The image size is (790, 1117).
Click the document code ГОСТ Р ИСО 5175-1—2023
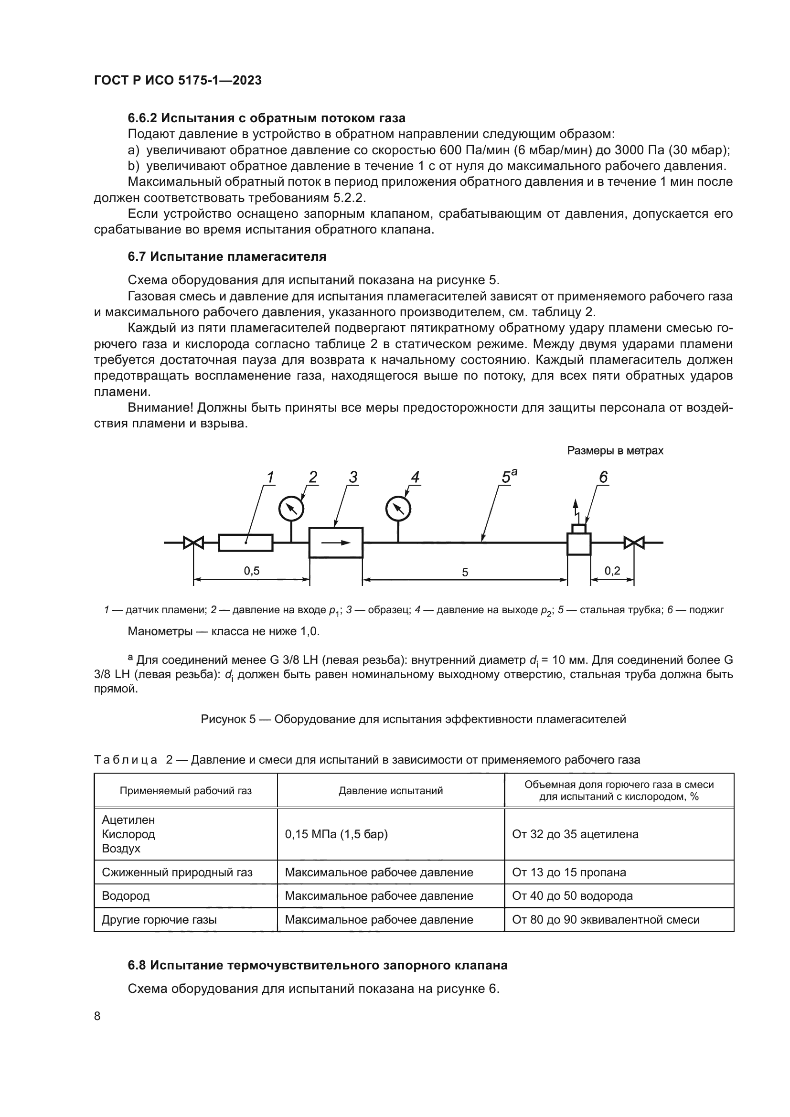178,80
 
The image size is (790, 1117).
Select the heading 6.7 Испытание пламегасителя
227,256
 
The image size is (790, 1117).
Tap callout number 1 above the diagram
270,477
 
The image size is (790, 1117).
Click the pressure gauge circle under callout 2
291,510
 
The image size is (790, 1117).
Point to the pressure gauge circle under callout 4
398,510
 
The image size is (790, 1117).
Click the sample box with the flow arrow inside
336,543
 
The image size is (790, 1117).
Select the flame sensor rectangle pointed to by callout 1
246,543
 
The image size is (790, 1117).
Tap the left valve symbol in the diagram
193,543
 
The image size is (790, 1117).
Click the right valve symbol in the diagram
634,543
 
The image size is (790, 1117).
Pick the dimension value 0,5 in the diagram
252,571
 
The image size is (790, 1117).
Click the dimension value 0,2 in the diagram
612,571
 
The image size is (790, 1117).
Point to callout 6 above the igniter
603,477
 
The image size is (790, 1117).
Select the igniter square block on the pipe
579,544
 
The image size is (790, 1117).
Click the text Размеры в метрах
615,450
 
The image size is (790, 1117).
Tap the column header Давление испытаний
391,790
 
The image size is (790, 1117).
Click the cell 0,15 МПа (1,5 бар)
336,834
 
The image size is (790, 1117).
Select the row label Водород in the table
126,895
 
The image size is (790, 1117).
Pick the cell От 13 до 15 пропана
569,872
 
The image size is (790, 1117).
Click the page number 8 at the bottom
97,1016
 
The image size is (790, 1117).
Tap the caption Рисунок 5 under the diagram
413,719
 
